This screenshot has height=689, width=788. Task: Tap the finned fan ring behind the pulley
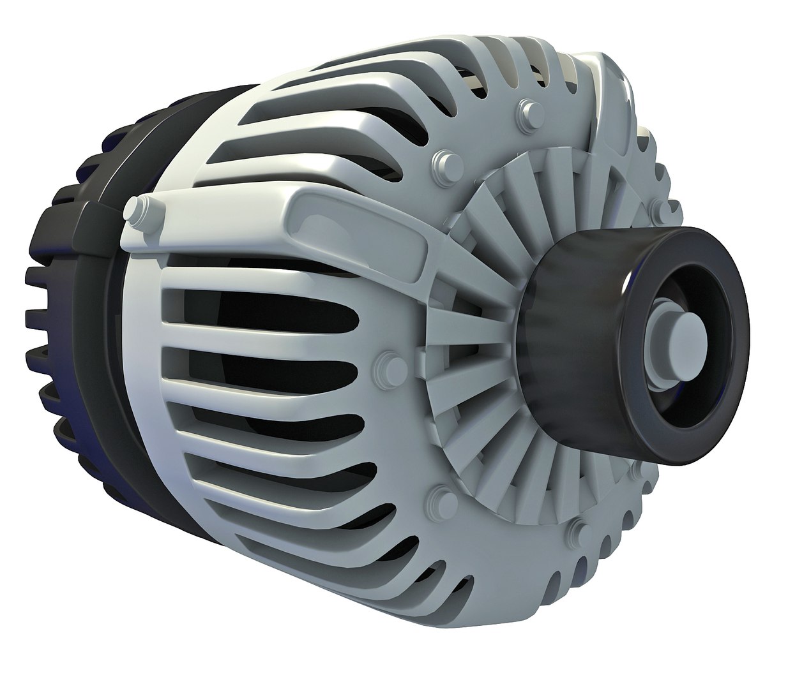coord(485,255)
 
